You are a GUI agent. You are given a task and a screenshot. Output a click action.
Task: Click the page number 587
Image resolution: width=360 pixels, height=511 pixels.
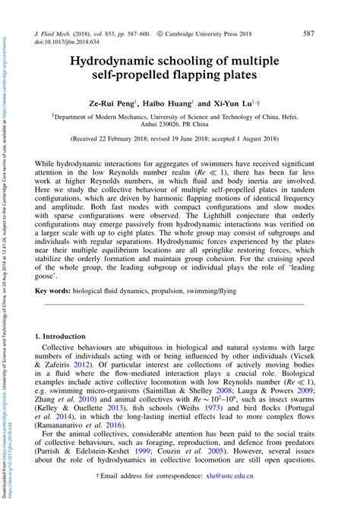(308, 34)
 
